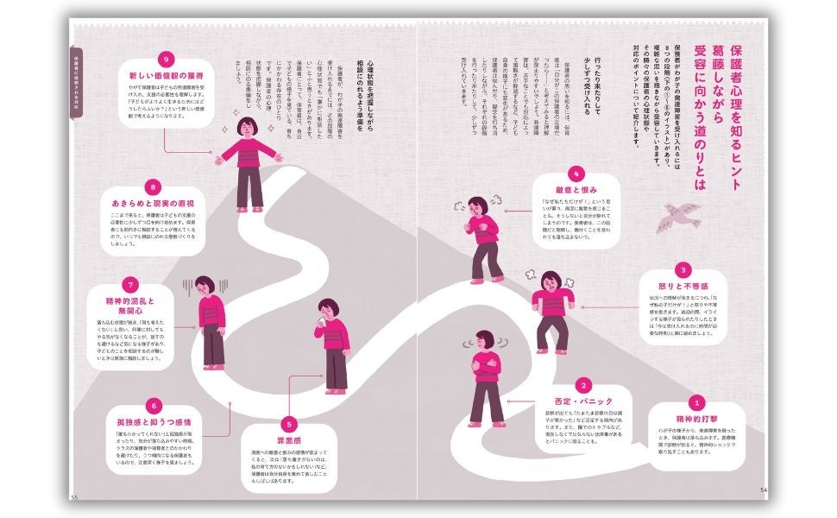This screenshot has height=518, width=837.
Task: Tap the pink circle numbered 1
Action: pyautogui.click(x=695, y=401)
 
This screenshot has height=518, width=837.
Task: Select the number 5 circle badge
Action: pyautogui.click(x=288, y=424)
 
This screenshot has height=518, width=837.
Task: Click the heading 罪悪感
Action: pyautogui.click(x=288, y=440)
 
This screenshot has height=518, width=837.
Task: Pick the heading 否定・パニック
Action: pyautogui.click(x=583, y=403)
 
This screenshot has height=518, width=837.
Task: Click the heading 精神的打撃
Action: pyautogui.click(x=695, y=418)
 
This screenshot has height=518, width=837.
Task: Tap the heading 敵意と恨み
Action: pyautogui.click(x=576, y=188)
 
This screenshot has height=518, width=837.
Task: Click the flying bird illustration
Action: pyautogui.click(x=680, y=218)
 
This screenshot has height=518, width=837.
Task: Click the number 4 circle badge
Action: pyautogui.click(x=576, y=172)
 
